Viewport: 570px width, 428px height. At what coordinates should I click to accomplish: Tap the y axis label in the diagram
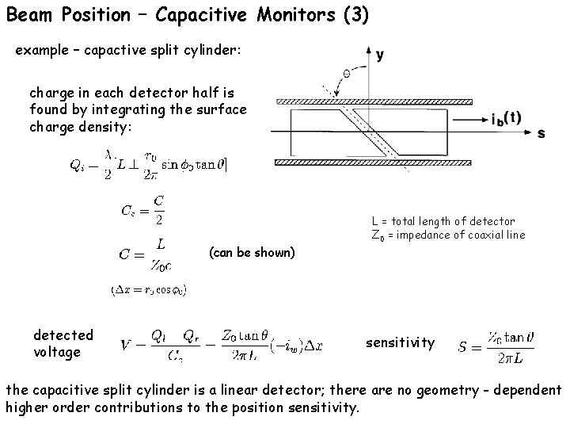click(x=380, y=55)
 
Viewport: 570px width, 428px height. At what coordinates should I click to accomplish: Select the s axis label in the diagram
click(x=541, y=134)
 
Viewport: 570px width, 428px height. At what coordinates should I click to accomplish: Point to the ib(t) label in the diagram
click(x=507, y=118)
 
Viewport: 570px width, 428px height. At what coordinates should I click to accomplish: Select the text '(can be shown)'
click(x=252, y=253)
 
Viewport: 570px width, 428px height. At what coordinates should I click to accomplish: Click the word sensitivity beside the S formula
click(x=400, y=342)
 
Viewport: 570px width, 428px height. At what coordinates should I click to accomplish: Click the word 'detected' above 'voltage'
click(x=63, y=335)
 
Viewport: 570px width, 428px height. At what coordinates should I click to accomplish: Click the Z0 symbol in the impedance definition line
click(x=378, y=235)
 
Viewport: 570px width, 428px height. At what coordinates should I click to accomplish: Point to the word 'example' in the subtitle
click(x=41, y=50)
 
